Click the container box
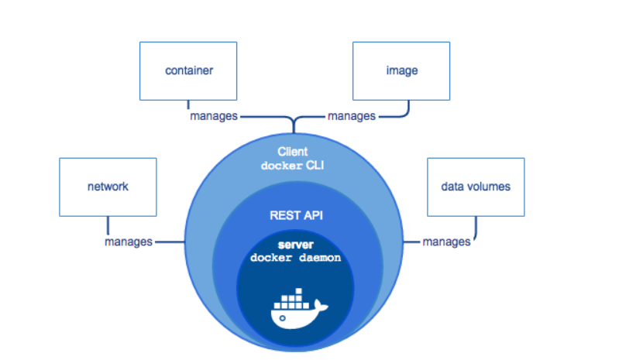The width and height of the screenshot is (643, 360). coord(188,70)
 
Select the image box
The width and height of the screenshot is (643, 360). coord(401,70)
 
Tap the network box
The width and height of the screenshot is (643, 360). coord(108,187)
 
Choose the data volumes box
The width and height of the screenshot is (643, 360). coord(476,187)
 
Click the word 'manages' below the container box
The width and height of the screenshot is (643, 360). coord(214,116)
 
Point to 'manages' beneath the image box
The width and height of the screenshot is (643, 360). coord(351,116)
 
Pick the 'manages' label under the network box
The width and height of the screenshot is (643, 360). coord(129,242)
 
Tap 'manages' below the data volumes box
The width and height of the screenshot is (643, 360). coord(446,242)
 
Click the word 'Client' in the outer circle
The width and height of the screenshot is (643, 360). coord(293,153)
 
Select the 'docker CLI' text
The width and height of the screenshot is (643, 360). coord(293,165)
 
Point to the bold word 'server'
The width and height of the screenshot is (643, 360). coord(295,245)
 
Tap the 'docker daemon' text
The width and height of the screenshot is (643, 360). coord(295,258)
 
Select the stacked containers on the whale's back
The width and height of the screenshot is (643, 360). coord(293,300)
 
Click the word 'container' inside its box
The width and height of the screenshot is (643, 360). coord(188,70)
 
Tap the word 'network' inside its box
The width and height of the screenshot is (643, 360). coord(108,187)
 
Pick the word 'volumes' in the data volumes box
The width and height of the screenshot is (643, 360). coord(493,187)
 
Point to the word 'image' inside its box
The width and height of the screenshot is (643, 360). coord(401,70)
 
